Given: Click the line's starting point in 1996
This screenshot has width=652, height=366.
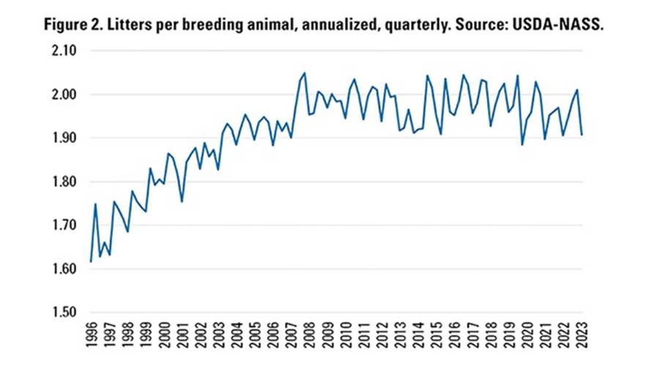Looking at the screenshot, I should (x=91, y=261).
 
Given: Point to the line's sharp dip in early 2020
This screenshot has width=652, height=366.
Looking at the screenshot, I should (x=522, y=144).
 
